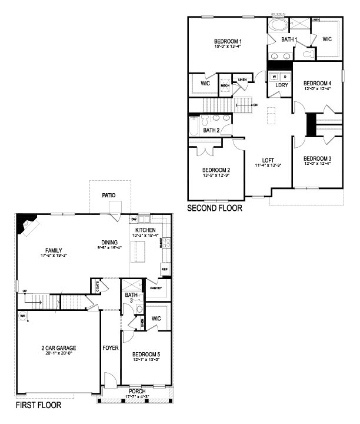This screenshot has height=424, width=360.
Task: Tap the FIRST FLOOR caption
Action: click(x=39, y=405)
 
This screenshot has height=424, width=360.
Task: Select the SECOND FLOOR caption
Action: click(x=214, y=208)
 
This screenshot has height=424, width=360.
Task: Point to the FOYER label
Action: click(x=111, y=348)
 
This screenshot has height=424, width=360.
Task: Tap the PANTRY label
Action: click(x=156, y=288)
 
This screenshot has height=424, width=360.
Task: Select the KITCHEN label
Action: click(x=145, y=230)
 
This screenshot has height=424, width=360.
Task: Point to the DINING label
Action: click(x=109, y=241)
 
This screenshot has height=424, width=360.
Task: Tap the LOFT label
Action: click(x=268, y=160)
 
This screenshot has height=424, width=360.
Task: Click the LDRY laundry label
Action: click(x=281, y=85)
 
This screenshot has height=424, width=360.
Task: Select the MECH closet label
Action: click(x=225, y=85)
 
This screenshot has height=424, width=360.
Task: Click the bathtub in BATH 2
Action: click(x=194, y=125)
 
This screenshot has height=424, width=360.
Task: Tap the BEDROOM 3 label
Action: click(x=318, y=158)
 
